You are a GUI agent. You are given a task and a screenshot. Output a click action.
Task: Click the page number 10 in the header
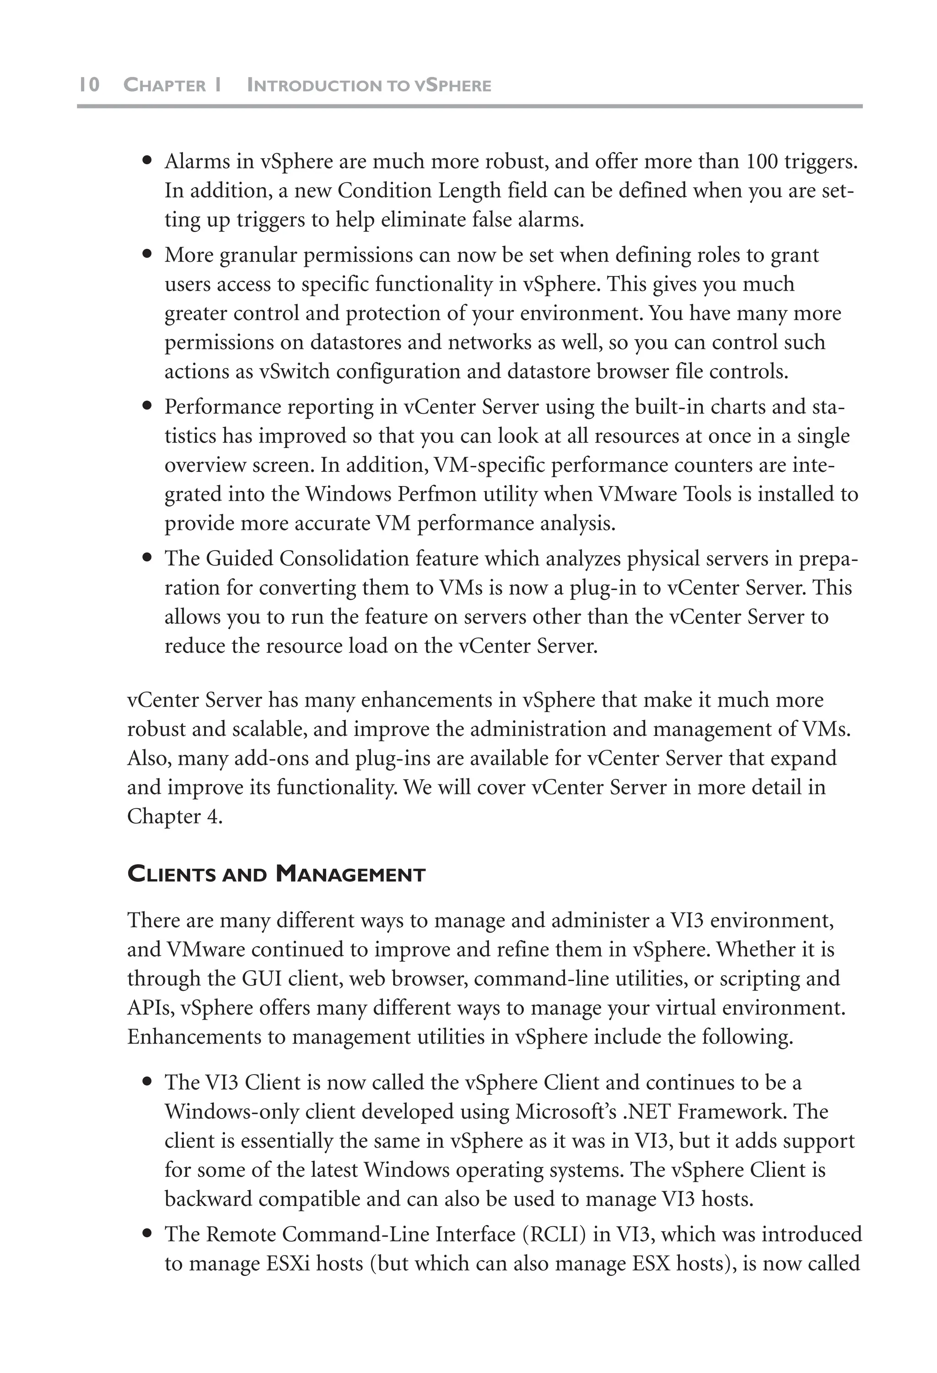click(x=89, y=85)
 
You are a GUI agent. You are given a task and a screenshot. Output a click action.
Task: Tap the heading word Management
click(x=350, y=874)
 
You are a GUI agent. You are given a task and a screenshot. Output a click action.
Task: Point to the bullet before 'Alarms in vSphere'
click(x=148, y=161)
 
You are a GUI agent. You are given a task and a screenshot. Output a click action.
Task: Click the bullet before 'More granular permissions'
click(x=148, y=255)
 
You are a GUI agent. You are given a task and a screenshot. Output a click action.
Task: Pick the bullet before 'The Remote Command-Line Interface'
click(x=148, y=1234)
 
